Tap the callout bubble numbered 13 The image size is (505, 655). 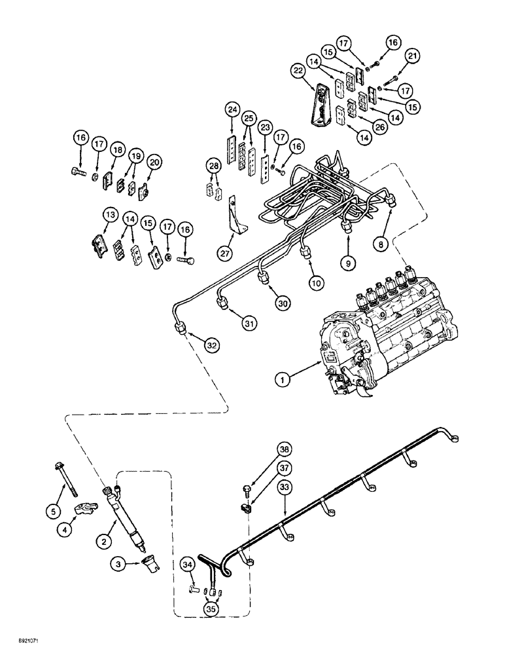(x=109, y=215)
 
